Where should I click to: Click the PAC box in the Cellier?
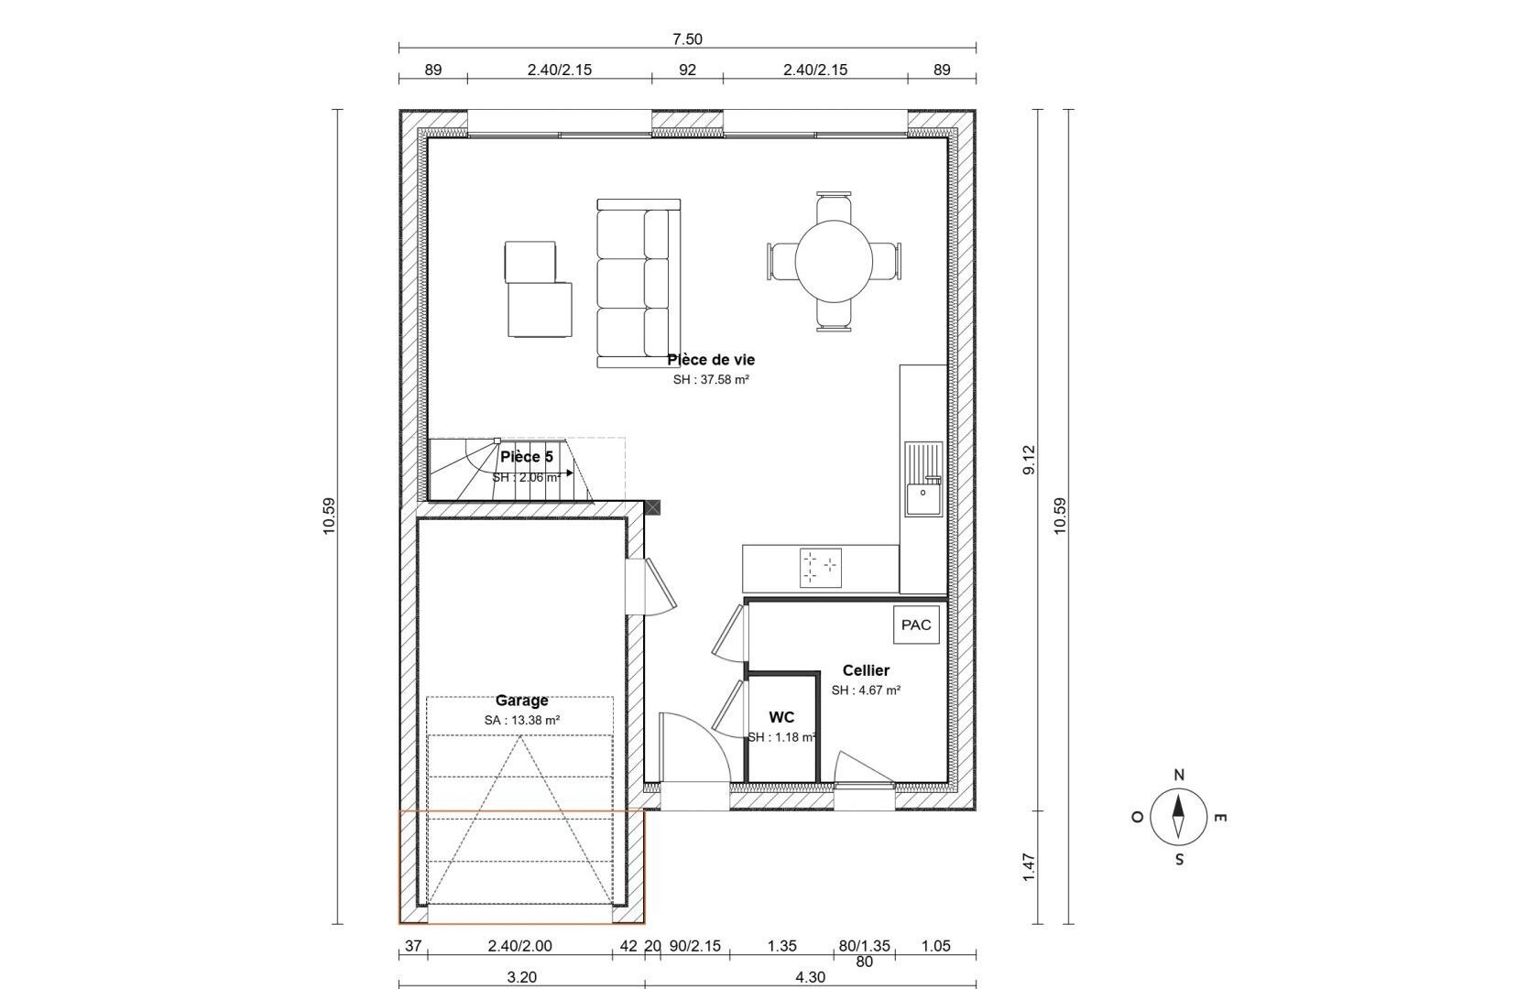pos(916,625)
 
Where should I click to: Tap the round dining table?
pos(834,261)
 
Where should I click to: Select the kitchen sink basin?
pos(922,499)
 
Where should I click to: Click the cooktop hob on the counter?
pos(821,568)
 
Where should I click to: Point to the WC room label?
pos(781,717)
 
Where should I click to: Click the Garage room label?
pos(521,701)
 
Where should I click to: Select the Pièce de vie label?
pos(711,359)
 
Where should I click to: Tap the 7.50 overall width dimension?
pos(687,39)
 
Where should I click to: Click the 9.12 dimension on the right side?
pos(1029,460)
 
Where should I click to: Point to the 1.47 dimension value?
pos(1029,868)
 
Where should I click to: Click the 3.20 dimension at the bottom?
pos(521,977)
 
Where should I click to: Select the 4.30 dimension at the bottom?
pos(810,977)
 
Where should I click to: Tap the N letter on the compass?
pos(1179,775)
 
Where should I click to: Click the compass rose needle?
pos(1178,817)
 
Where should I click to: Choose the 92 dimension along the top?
pos(687,70)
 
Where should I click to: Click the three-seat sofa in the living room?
pos(639,283)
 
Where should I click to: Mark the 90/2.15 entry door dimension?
pos(695,946)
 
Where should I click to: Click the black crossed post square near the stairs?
pos(652,507)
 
